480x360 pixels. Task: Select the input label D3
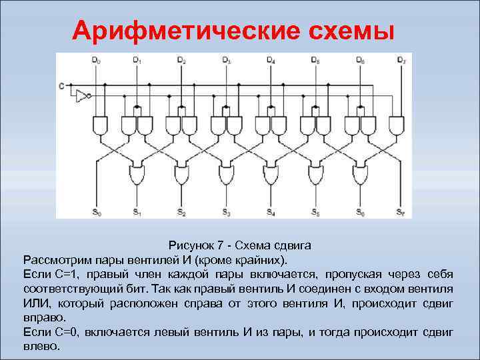click(227, 61)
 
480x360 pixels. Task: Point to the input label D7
click(401, 61)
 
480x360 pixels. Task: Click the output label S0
click(97, 213)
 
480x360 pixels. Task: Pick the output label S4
click(270, 213)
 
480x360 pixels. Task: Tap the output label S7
click(400, 213)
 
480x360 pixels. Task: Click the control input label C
click(61, 85)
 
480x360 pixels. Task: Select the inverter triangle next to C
click(82, 95)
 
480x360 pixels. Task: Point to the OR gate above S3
click(227, 176)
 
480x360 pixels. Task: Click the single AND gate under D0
click(100, 125)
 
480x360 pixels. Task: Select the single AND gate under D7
click(396, 125)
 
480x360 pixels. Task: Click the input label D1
click(137, 61)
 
